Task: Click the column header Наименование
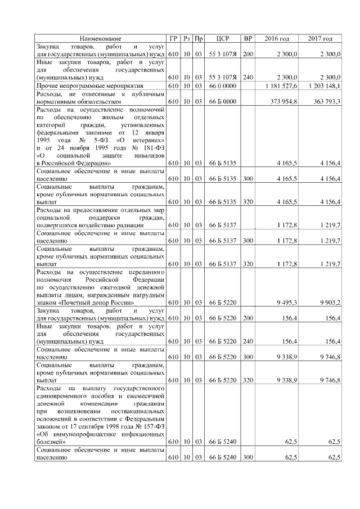[x=100, y=38]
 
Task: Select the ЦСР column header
[x=221, y=38]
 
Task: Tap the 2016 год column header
[x=277, y=38]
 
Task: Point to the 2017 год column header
[x=321, y=38]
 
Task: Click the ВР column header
[x=247, y=38]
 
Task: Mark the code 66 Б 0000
[x=220, y=102]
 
